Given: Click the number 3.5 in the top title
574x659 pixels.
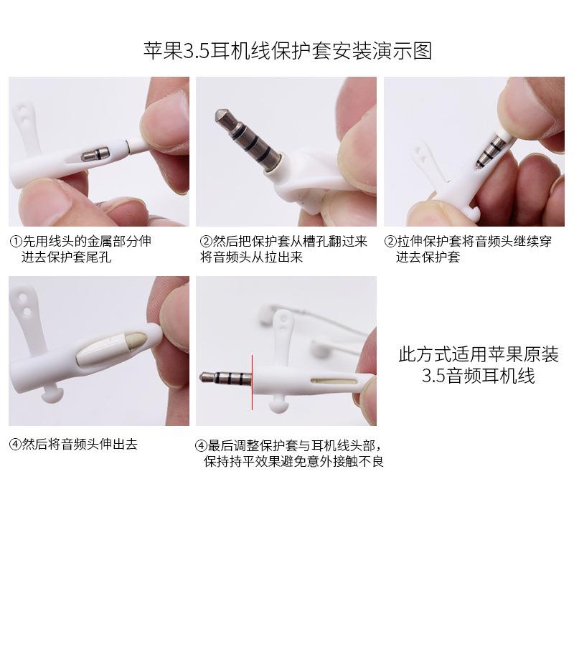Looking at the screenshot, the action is click(x=197, y=52).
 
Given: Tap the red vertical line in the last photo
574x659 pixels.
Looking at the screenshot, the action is click(x=253, y=381).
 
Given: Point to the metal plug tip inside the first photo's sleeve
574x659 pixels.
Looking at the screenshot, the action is click(x=95, y=154).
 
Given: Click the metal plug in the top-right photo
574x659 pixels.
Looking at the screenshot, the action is click(x=492, y=150).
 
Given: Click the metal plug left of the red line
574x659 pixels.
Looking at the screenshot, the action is click(x=225, y=377).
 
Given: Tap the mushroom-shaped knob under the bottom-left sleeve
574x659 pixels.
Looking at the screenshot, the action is click(x=52, y=393).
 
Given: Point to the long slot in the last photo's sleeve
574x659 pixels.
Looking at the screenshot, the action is click(x=334, y=381).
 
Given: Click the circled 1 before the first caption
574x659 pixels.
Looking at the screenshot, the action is click(x=16, y=242).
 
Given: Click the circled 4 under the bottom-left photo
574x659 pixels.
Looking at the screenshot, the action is click(x=15, y=445).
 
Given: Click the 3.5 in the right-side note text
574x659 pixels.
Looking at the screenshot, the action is click(x=433, y=375).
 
